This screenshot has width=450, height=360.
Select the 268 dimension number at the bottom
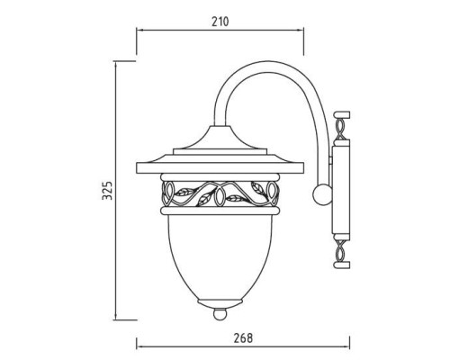241,338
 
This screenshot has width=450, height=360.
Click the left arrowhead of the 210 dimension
139,29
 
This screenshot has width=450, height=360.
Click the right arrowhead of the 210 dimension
302,29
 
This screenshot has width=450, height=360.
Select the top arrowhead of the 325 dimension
117,64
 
